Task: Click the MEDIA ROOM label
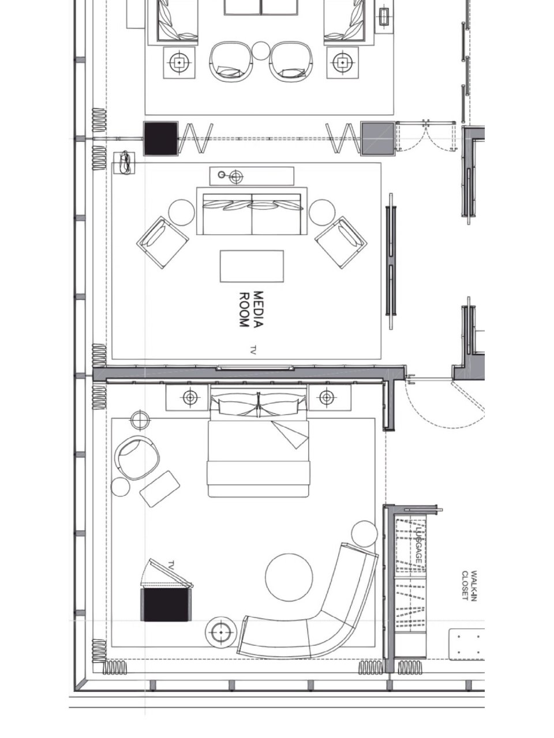[251, 309]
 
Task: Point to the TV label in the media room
[253, 349]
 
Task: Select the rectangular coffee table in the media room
[252, 266]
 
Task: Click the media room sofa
[252, 211]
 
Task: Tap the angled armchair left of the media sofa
[163, 242]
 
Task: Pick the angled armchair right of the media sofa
[340, 242]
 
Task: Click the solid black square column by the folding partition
[161, 138]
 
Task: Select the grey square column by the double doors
[377, 138]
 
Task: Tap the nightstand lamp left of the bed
[190, 398]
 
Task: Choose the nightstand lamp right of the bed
[327, 398]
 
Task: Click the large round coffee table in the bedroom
[289, 577]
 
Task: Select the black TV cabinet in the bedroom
[166, 604]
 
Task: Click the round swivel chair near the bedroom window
[137, 458]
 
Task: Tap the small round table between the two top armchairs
[261, 51]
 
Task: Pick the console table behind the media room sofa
[252, 176]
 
